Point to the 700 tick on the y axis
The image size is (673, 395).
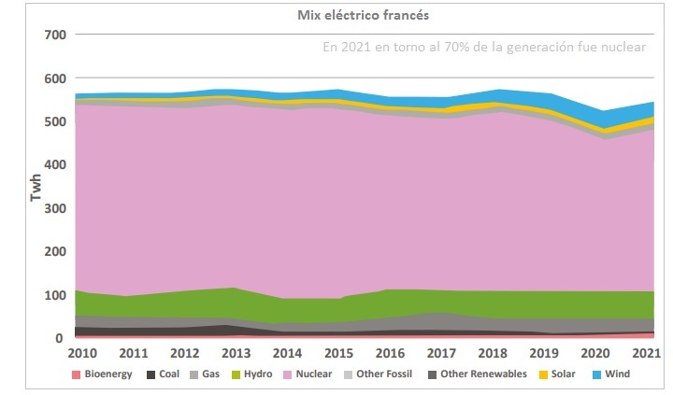point(54,35)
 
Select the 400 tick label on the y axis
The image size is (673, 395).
point(54,165)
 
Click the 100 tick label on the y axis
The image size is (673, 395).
point(54,295)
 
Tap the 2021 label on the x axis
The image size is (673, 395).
point(647,354)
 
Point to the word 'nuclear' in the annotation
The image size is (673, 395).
point(623,48)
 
